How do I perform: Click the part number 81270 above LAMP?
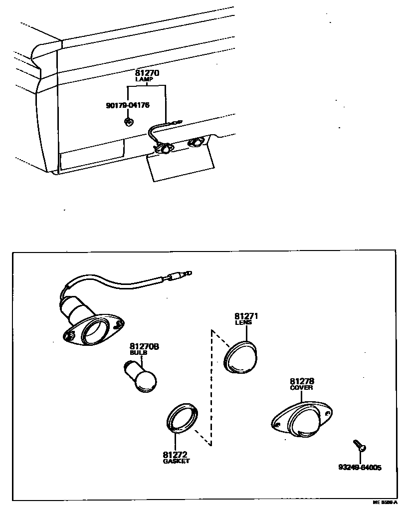pyautogui.click(x=147, y=73)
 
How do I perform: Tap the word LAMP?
pyautogui.click(x=147, y=79)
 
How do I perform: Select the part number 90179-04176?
pyautogui.click(x=128, y=105)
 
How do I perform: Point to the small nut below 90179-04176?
pyautogui.click(x=128, y=121)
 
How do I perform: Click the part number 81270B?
pyautogui.click(x=144, y=346)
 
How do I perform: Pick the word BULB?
pyautogui.click(x=139, y=353)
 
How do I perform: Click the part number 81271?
pyautogui.click(x=246, y=316)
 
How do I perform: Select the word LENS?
pyautogui.click(x=243, y=322)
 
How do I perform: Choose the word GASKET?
pyautogui.click(x=176, y=461)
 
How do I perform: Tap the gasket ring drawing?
pyautogui.click(x=182, y=418)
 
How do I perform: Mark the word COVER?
pyautogui.click(x=302, y=388)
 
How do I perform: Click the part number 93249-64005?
pyautogui.click(x=360, y=468)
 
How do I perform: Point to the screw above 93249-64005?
pyautogui.click(x=359, y=445)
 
